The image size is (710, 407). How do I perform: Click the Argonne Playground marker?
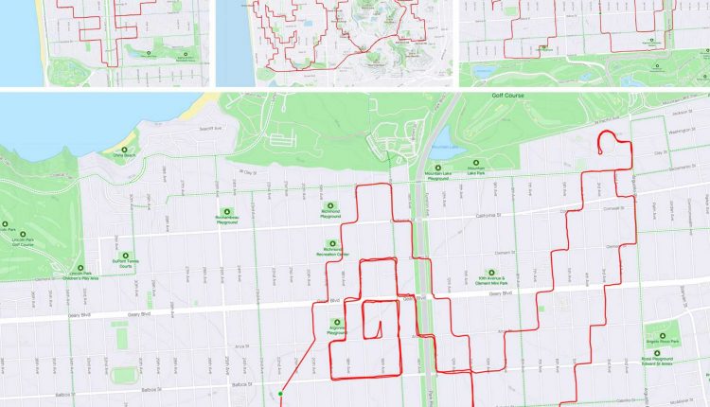pyautogui.click(x=336, y=322)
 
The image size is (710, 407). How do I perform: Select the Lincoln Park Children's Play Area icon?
pyautogui.click(x=81, y=268)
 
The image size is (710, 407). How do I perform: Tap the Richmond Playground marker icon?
pyautogui.click(x=330, y=205)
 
